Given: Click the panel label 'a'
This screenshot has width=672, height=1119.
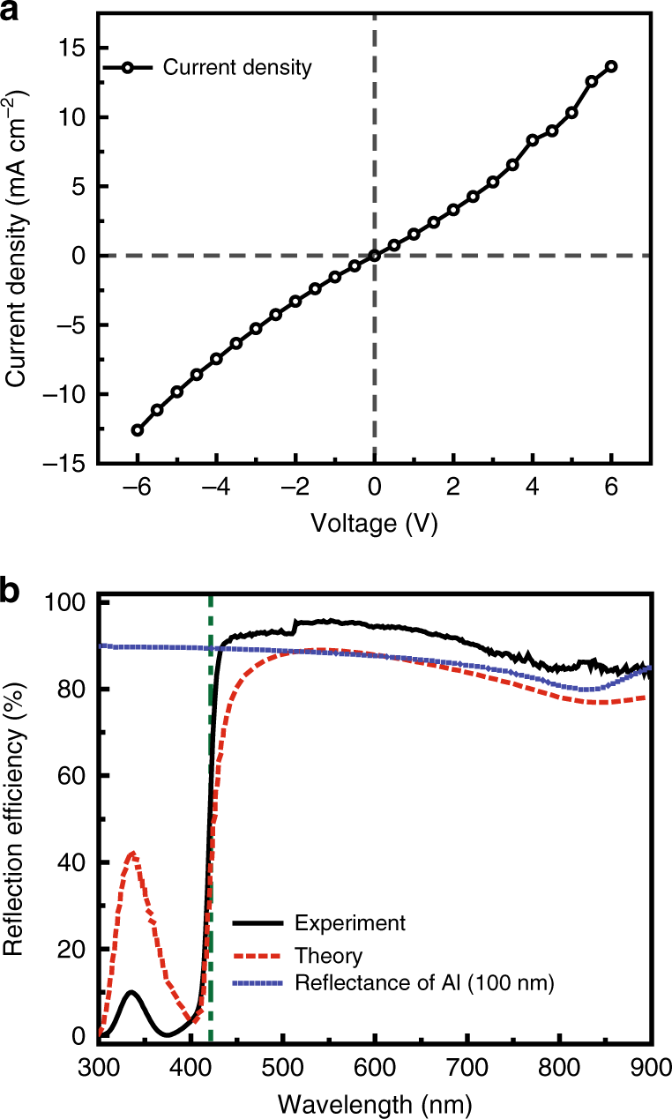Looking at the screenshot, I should [x=11, y=11].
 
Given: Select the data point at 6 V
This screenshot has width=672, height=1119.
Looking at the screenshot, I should [x=611, y=66].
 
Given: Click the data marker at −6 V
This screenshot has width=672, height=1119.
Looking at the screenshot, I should [x=138, y=430].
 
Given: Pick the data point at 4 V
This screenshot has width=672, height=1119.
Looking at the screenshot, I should [x=533, y=140].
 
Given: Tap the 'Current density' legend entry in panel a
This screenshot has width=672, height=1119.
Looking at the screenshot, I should [x=237, y=67].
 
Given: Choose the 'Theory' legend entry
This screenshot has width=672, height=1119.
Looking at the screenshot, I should [x=328, y=955].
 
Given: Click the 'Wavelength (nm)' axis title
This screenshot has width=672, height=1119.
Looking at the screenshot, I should [x=374, y=1102].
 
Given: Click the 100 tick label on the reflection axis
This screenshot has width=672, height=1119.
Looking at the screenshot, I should [x=69, y=603].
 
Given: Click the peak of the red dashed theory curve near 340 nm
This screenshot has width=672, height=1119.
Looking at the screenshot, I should [x=132, y=853].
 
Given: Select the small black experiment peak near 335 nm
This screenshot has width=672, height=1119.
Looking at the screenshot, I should [x=131, y=992].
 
